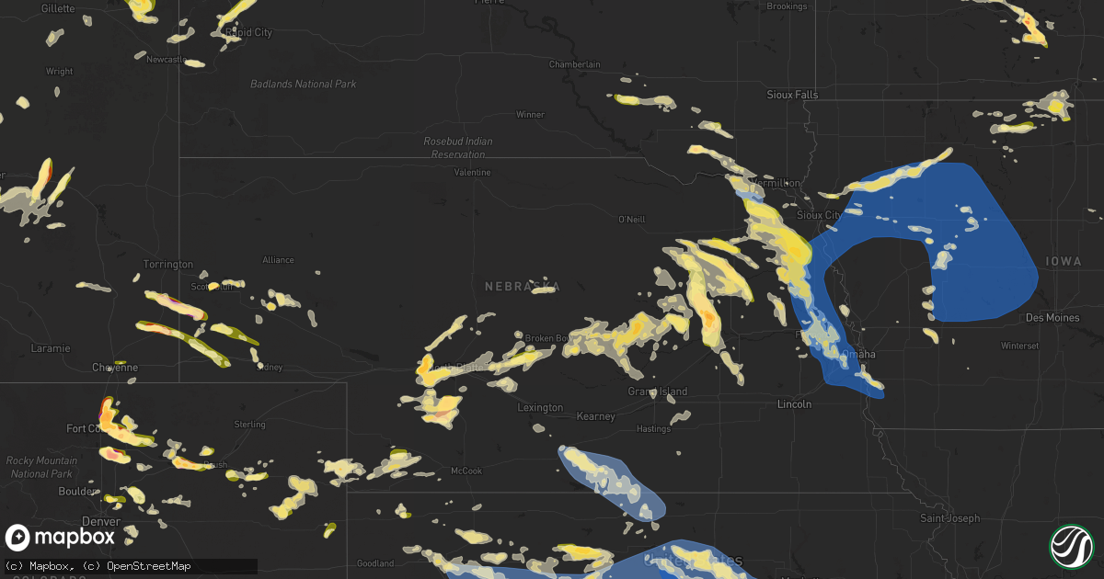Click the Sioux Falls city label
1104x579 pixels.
coord(792,95)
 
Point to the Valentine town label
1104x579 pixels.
coord(472,173)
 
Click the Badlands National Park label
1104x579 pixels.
coord(304,85)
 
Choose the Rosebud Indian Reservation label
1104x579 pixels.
coord(457,147)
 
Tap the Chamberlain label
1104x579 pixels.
coord(574,64)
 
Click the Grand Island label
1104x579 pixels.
coord(658,392)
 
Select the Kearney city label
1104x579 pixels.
coord(595,416)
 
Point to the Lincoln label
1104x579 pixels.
coord(794,404)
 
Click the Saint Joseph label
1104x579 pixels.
coord(951,518)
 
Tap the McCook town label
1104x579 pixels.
coord(466,471)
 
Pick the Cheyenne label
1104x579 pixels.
coord(115,368)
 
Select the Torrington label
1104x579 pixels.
coord(168,265)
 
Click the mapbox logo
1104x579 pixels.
coord(61,537)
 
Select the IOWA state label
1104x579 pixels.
coord(1064,262)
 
